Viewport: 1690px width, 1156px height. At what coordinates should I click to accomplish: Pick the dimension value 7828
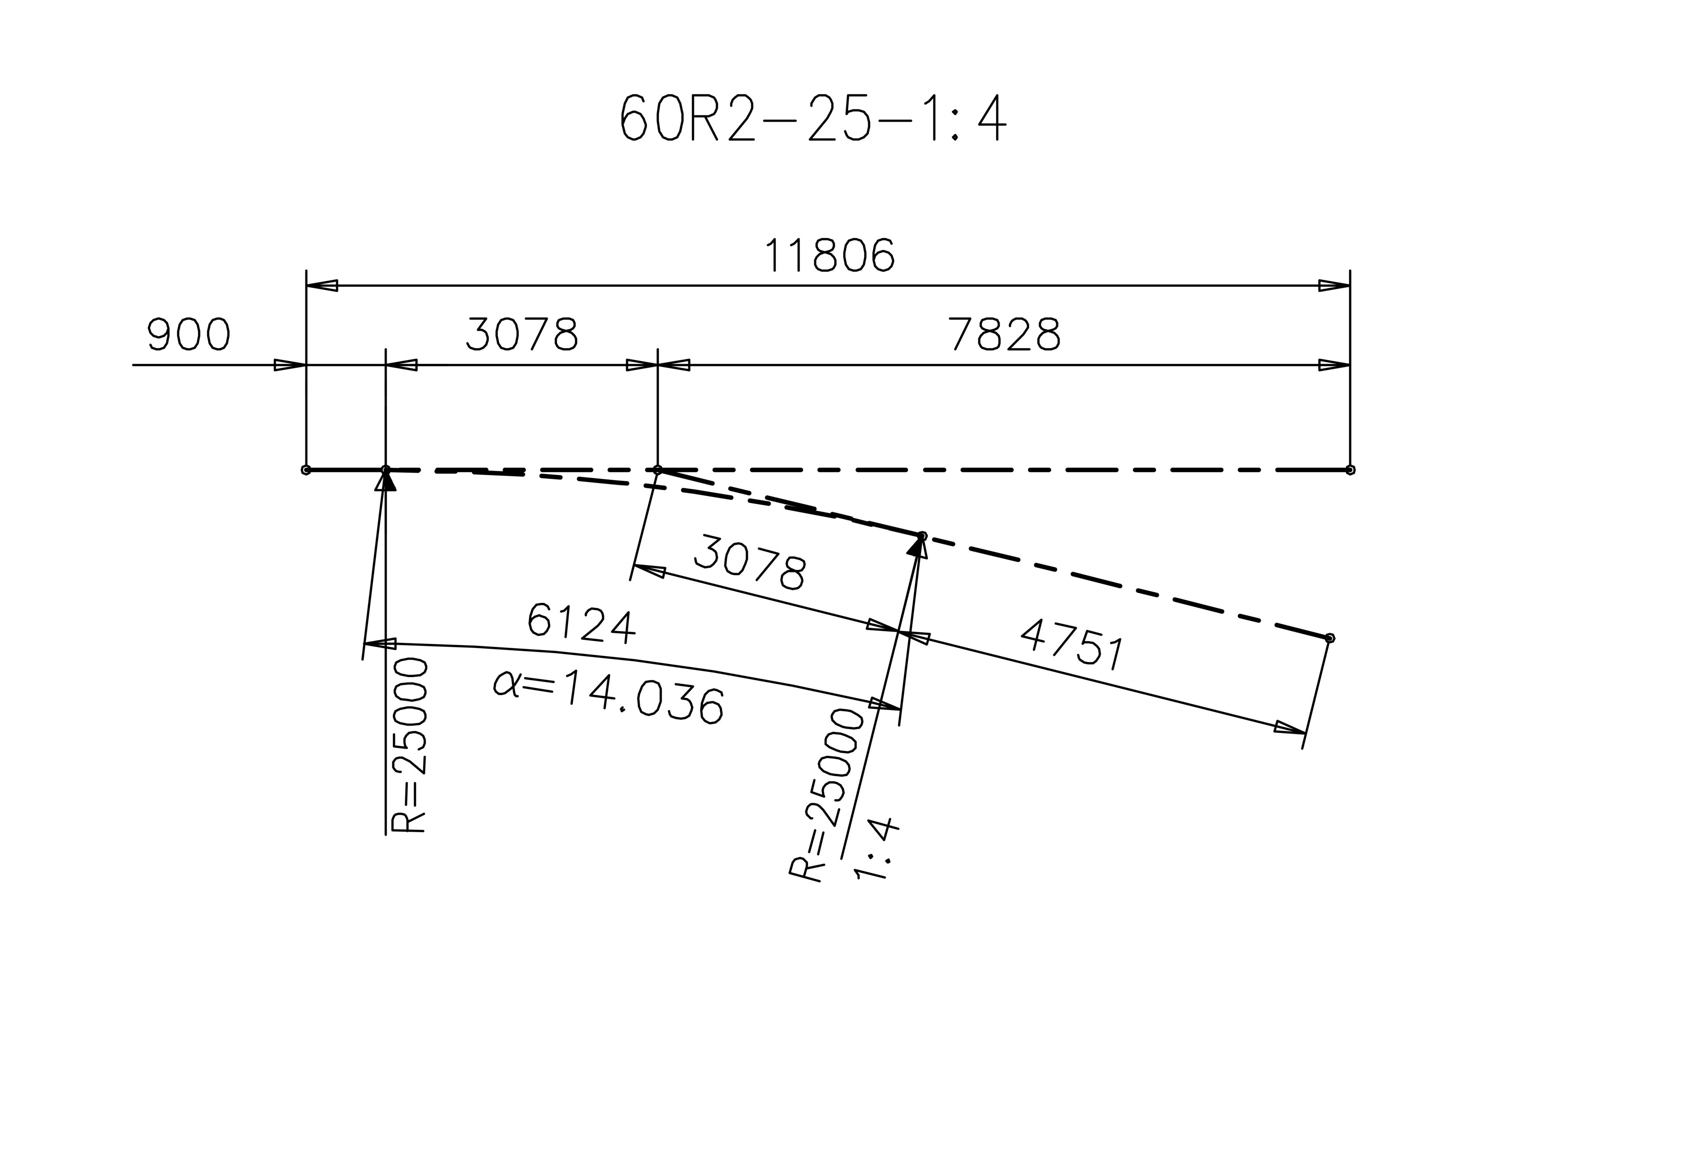click(1006, 335)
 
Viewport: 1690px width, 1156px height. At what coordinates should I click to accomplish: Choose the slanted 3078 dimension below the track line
click(750, 562)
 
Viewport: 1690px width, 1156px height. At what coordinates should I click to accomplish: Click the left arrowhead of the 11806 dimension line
click(321, 286)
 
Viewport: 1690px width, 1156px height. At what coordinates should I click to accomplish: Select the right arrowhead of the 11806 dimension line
click(1334, 286)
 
